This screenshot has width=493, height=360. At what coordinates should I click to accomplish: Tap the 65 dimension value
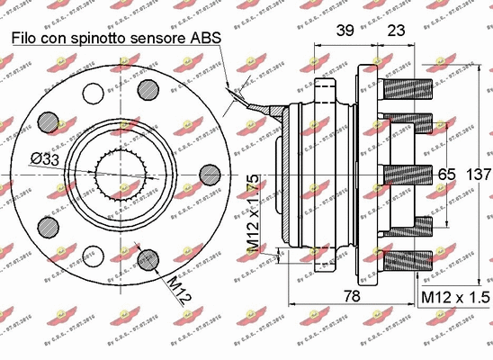click(446, 173)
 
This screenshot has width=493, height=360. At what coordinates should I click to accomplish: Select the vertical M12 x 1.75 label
click(255, 211)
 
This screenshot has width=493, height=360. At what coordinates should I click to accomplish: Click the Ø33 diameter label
click(44, 158)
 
